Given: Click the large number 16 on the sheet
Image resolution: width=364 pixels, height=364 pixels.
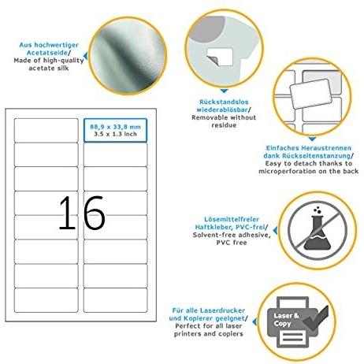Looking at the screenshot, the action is pos(82,213).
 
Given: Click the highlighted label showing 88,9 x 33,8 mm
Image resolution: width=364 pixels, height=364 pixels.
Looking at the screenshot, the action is pos(115,130).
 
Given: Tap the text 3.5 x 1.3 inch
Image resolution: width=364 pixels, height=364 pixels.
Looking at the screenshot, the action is pos(115,134).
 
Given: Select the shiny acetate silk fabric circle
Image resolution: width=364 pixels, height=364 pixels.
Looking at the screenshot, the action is pos(128,56).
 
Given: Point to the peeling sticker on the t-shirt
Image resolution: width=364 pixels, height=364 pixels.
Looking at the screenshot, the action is pos(220,57).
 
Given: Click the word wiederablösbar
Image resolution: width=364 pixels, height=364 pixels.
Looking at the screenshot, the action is pos(222,110).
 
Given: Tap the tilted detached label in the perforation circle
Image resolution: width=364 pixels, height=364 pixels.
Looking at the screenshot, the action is pos(310,94).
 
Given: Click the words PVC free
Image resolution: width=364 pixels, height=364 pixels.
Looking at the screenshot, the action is pos(232,243).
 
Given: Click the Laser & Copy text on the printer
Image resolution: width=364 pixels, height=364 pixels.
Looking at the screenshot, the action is pos(286,319).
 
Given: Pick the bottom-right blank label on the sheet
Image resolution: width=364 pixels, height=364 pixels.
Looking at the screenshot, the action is pos(115,300).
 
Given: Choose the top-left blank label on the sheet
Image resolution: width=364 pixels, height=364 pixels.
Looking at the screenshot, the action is pos(46,130).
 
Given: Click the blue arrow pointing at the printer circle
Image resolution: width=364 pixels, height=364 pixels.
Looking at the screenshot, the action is pos(254,321).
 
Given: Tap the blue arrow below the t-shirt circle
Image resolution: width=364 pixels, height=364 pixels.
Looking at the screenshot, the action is pos(224,91).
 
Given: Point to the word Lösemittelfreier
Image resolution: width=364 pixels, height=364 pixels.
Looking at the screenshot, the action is pos(232,219).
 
